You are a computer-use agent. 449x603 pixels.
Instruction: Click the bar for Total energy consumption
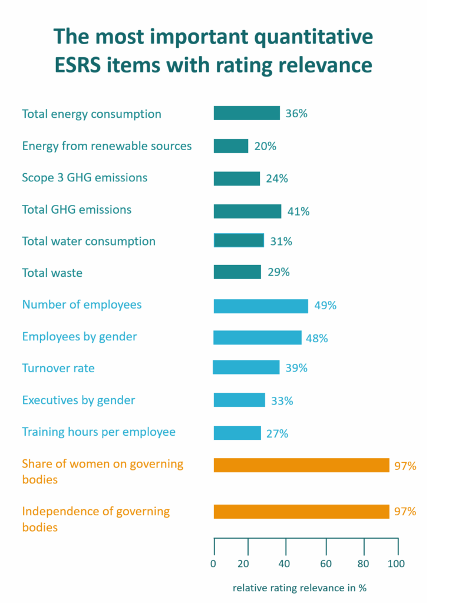(246, 113)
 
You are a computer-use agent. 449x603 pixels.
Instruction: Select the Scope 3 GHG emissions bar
(236, 178)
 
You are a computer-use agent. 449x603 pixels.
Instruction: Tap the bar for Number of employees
(260, 306)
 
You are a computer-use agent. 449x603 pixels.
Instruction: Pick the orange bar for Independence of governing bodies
(301, 512)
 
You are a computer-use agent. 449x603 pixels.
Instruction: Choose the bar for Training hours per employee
(237, 433)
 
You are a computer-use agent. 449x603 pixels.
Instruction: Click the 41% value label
(298, 211)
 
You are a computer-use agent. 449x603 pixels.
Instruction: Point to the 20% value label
(265, 146)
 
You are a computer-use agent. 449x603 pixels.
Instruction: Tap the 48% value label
(316, 338)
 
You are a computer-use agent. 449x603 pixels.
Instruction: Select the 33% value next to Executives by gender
(281, 401)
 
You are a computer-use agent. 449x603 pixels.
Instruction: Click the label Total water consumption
(89, 241)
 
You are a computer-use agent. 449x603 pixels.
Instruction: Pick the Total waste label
(52, 273)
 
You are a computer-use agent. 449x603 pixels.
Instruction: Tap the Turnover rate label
(58, 369)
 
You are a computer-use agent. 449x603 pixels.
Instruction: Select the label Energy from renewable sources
(107, 146)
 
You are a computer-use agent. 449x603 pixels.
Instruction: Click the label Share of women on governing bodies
(103, 471)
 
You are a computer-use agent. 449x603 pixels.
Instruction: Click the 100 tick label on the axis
(397, 564)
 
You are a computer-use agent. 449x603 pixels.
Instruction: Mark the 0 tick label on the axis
(214, 564)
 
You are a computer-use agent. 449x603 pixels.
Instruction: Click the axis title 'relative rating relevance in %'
(300, 588)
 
